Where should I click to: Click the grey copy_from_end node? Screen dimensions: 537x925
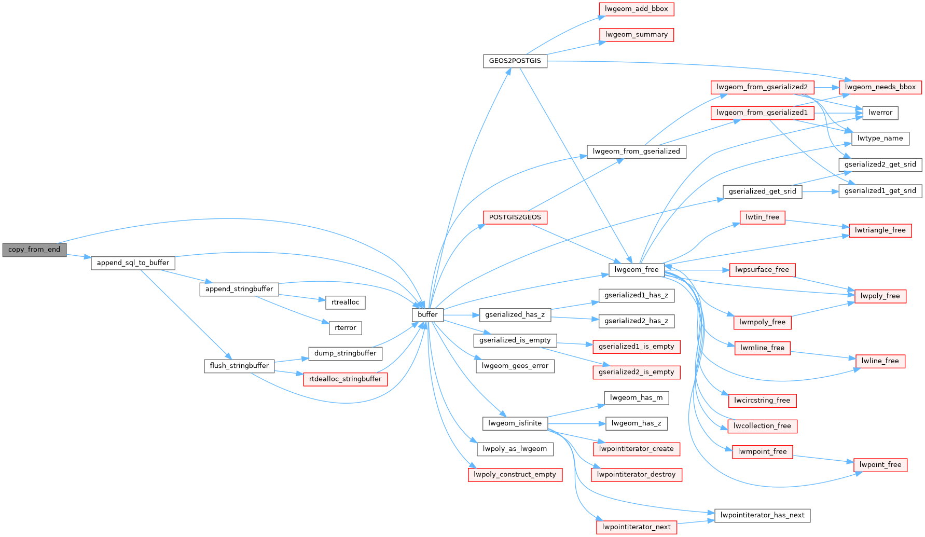[x=34, y=250]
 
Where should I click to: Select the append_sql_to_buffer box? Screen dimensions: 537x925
[x=133, y=263]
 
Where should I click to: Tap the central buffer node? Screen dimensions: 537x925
[x=427, y=314]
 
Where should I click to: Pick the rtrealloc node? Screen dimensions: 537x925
[x=345, y=302]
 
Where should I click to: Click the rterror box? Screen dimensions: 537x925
[x=345, y=328]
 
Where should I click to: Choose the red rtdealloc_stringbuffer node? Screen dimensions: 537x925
[x=345, y=379]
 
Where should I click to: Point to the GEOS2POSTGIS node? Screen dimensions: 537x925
[x=515, y=61]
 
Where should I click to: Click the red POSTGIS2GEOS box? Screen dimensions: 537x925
[x=515, y=217]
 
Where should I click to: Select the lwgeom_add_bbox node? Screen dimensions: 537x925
[x=636, y=9]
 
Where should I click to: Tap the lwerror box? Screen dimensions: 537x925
[x=880, y=113]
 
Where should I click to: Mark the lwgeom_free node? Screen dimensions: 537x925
[x=636, y=270]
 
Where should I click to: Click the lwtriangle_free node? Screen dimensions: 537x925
[x=880, y=230]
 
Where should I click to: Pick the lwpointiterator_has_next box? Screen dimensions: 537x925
[x=762, y=515]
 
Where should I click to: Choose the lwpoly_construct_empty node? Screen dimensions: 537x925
[x=515, y=475]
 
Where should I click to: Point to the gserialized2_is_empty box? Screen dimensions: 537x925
[x=636, y=372]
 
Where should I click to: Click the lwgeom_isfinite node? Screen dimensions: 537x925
[x=515, y=423]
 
